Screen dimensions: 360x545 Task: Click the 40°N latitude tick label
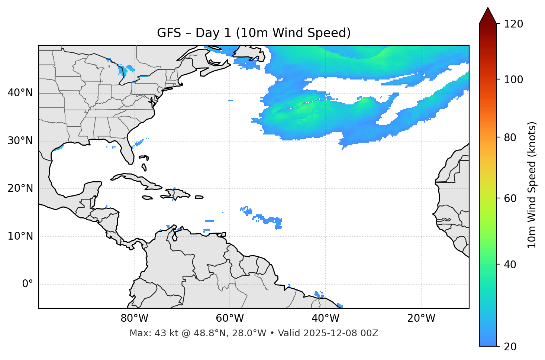tap(20, 93)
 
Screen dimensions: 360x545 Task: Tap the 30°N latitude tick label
tap(20, 141)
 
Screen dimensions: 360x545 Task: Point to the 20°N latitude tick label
tap(20, 188)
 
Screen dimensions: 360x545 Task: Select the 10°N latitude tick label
tap(20, 236)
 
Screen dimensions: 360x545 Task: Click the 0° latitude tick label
tap(27, 284)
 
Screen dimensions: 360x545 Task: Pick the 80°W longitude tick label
tap(134, 318)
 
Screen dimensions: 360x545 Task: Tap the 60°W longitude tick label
tap(230, 318)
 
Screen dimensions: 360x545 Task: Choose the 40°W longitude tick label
tap(325, 318)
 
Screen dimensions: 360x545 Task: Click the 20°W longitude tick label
tap(421, 318)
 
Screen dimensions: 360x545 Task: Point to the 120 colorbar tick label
tap(513, 24)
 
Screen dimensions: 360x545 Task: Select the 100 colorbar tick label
tap(513, 80)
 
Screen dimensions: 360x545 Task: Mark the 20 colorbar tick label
tap(510, 347)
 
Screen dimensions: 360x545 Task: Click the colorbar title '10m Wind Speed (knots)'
tap(532, 185)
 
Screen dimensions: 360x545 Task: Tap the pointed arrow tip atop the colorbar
tap(488, 9)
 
